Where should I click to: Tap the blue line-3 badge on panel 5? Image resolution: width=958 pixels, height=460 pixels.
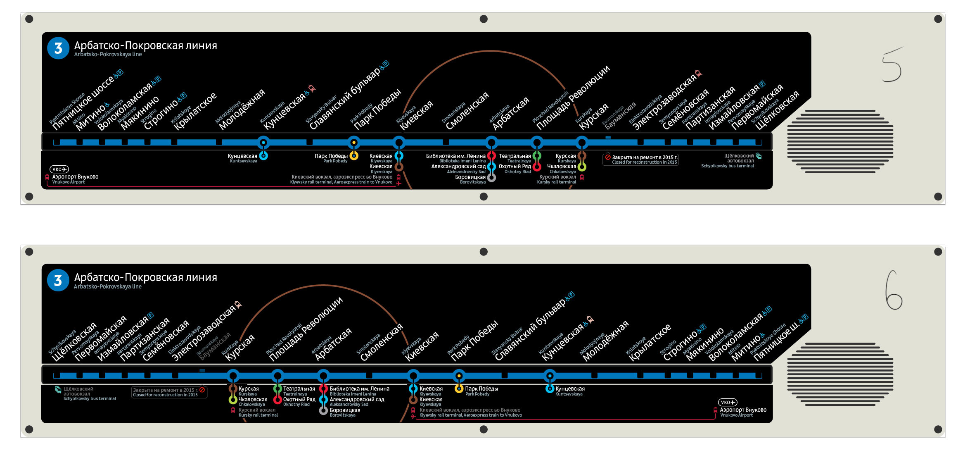tap(58, 48)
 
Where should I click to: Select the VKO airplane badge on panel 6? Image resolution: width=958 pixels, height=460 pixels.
tap(727, 402)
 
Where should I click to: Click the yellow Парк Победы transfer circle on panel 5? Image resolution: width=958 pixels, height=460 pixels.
tap(354, 156)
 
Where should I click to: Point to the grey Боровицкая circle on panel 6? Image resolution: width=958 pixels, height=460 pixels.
tap(323, 410)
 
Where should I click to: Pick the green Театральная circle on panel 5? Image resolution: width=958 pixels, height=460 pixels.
tap(537, 156)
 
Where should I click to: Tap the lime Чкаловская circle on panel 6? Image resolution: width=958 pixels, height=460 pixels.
tap(233, 400)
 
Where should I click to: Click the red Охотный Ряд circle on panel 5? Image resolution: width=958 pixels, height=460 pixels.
tap(537, 167)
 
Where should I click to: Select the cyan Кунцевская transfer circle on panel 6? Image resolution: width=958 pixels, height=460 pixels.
tap(550, 388)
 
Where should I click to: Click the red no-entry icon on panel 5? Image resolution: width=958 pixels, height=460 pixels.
tap(608, 157)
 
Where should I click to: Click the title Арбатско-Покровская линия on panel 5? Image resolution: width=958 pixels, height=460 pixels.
tap(145, 45)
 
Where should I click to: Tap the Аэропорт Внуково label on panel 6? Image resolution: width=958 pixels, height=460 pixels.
tap(743, 410)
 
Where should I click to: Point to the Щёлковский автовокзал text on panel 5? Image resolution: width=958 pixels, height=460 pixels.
tap(739, 158)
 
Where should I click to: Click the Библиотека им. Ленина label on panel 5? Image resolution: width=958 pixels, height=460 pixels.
tap(455, 156)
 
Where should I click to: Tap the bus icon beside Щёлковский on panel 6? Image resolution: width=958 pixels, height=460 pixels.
tap(58, 389)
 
